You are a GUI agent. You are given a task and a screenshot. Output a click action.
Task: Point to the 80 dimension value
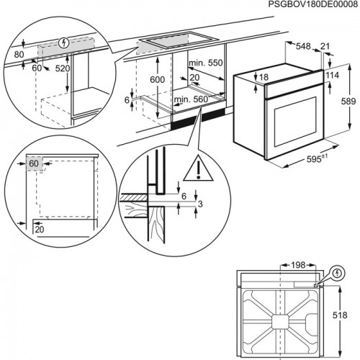click(x=17, y=53)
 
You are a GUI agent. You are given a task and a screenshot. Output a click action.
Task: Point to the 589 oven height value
click(x=348, y=102)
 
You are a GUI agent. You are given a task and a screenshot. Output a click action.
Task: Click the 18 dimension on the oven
click(x=263, y=77)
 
